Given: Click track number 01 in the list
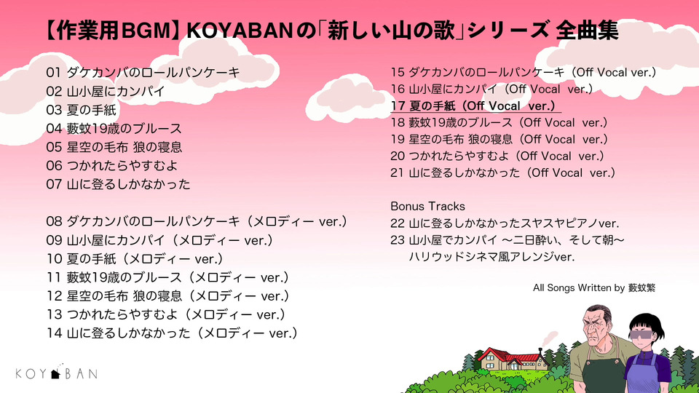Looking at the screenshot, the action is click(53, 72).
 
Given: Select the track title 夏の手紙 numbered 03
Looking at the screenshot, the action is click(91, 110).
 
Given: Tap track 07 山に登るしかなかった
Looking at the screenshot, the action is click(118, 184).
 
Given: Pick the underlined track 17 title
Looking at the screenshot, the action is click(475, 106).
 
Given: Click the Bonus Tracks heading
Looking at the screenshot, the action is click(427, 206).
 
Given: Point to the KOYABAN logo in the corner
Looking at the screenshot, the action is click(57, 373).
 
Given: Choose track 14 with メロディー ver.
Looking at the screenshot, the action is click(172, 333).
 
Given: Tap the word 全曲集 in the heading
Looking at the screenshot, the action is click(587, 31).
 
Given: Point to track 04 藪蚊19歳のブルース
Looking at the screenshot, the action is click(114, 128).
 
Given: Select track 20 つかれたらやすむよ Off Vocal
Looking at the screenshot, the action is click(497, 156).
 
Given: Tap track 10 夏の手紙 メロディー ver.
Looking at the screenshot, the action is click(135, 258).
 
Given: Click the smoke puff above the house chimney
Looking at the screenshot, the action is click(549, 337).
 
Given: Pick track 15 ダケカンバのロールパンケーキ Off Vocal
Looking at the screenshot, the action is click(524, 72).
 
